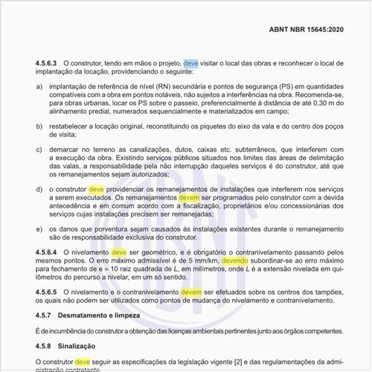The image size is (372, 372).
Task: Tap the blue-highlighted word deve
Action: click(191, 65)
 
